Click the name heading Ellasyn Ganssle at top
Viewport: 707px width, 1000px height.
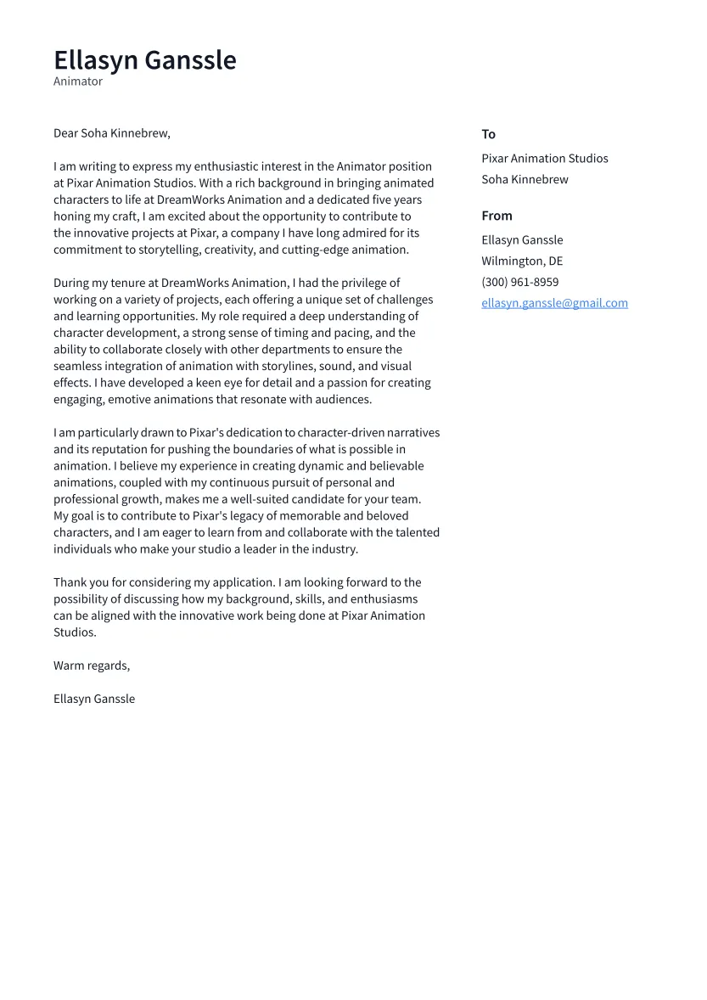point(144,60)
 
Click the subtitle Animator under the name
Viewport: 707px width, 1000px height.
point(78,81)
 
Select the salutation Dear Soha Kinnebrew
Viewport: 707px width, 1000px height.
point(111,133)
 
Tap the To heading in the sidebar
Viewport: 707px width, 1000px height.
point(488,134)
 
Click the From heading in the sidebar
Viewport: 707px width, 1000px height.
point(497,216)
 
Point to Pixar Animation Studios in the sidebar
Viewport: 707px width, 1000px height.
point(544,159)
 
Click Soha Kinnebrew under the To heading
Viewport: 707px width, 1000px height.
point(525,180)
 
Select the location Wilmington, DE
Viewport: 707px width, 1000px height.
point(521,261)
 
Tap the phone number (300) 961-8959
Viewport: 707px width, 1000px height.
point(519,282)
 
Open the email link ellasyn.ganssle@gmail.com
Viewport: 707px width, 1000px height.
point(554,303)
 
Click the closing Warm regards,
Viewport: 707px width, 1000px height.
point(92,666)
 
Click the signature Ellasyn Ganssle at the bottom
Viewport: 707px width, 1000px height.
point(94,699)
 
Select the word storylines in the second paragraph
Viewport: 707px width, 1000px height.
point(286,366)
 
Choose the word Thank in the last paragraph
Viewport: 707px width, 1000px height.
point(70,582)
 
